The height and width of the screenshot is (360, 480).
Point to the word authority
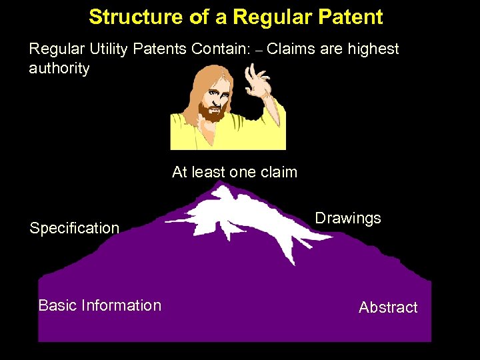coord(59,69)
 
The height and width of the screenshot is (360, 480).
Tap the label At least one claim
coord(234,172)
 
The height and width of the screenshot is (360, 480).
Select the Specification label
coord(74,228)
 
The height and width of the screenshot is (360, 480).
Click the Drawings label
coord(347,218)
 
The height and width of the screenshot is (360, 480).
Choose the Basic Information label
coord(99,305)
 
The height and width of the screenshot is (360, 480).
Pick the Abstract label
coord(388,307)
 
